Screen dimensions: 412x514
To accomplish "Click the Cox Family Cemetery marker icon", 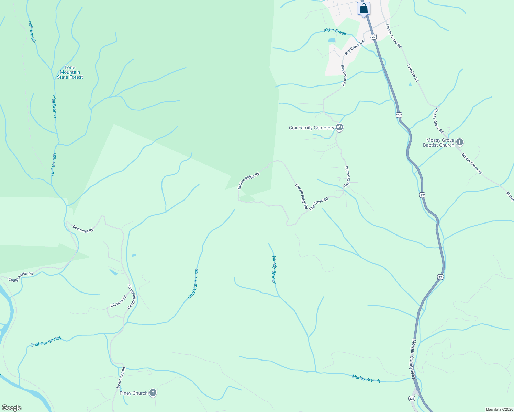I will (x=339, y=128).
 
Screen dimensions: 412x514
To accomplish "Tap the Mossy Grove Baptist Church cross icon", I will (x=460, y=142).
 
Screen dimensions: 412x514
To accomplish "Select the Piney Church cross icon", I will (x=153, y=393).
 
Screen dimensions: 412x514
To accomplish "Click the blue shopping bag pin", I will (x=364, y=9).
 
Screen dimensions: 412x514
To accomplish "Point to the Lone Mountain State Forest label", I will (x=70, y=72).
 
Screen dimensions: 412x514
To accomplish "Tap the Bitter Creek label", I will (x=335, y=32).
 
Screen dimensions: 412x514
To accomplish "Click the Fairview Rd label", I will (x=413, y=73).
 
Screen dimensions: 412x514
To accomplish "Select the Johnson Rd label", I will (x=118, y=301).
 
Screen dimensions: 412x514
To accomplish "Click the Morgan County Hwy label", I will (x=414, y=359).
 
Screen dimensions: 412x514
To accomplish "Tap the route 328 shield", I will (x=412, y=398).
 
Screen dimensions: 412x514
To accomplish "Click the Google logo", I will (x=12, y=408).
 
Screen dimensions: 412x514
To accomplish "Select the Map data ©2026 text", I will (x=499, y=409).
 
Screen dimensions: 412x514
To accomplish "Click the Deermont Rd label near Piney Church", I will (x=121, y=378).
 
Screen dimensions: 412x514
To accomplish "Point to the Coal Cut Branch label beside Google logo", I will (x=46, y=342).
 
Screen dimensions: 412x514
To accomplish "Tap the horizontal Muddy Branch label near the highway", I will (x=366, y=378).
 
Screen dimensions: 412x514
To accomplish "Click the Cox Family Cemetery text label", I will (x=311, y=128).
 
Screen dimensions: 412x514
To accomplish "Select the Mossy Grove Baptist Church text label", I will (x=438, y=142).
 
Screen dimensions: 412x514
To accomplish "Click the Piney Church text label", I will (x=133, y=393).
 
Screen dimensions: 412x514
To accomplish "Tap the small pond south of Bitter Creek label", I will (x=332, y=40).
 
